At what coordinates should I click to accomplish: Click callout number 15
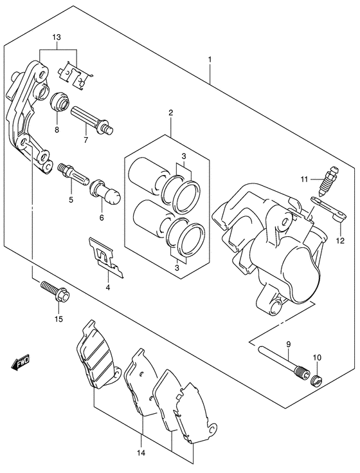pyautogui.click(x=59, y=319)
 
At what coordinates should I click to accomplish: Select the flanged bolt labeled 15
pyautogui.click(x=55, y=290)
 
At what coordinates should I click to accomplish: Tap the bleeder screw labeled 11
pyautogui.click(x=328, y=181)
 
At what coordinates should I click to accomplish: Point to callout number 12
pyautogui.click(x=341, y=241)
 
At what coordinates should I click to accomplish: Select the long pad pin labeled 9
pyautogui.click(x=283, y=362)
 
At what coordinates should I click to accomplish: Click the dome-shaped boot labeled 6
pyautogui.click(x=105, y=194)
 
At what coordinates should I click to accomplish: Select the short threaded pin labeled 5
pyautogui.click(x=73, y=174)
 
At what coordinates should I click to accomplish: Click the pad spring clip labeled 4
pyautogui.click(x=106, y=256)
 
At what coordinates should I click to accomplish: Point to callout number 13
pyautogui.click(x=57, y=37)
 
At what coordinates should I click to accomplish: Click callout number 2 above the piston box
pyautogui.click(x=171, y=113)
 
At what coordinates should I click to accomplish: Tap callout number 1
pyautogui.click(x=210, y=60)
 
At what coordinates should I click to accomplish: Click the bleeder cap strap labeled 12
pyautogui.click(x=328, y=208)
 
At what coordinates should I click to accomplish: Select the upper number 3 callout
pyautogui.click(x=184, y=156)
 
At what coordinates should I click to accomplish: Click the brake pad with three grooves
pyautogui.click(x=97, y=353)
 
